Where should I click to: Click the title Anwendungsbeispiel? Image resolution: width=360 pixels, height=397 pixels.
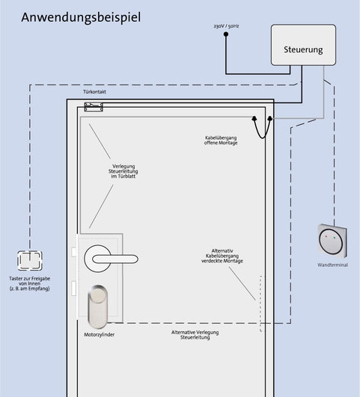coord(81,18)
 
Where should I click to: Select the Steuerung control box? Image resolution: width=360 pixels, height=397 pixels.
coord(303,45)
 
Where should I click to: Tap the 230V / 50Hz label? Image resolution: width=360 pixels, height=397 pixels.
coord(226,26)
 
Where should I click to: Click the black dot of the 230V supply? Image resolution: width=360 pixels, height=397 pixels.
coord(226,34)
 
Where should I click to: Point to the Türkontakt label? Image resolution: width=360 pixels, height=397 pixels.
coord(94,92)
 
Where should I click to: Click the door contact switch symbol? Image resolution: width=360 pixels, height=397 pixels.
coord(94,107)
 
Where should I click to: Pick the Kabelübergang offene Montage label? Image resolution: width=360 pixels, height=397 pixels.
coord(221,141)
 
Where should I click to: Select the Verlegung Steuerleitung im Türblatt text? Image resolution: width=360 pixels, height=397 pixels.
coord(123,171)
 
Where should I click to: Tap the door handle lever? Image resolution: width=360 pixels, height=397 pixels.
coord(115,259)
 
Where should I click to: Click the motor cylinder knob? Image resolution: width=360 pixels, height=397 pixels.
coord(97,307)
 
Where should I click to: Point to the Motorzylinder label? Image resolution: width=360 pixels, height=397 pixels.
coord(99,335)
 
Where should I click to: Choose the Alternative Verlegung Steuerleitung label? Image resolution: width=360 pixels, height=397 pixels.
coord(195,335)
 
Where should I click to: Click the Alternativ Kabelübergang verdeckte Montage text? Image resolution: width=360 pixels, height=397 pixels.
coord(222,256)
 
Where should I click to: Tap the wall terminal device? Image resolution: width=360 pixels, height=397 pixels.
coord(332,241)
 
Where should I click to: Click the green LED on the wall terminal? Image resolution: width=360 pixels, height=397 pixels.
coord(335,238)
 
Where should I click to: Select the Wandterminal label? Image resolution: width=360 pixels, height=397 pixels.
coord(332,265)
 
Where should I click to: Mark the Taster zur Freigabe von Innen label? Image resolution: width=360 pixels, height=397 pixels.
coord(30,283)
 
